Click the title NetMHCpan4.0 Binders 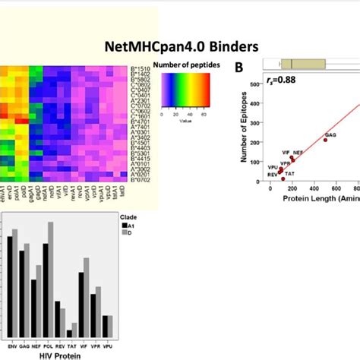[180, 45]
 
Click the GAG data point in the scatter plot [327, 139]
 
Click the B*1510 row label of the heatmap [141, 68]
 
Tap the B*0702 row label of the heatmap [141, 179]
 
